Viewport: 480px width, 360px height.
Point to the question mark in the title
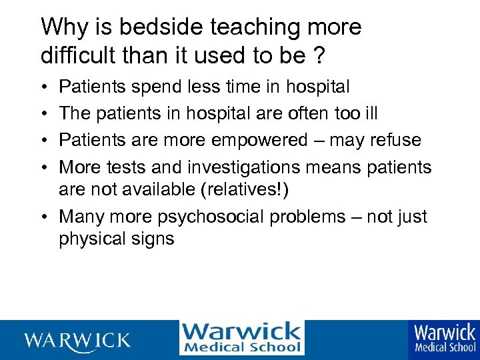[x=319, y=55]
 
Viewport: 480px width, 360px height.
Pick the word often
[x=312, y=113]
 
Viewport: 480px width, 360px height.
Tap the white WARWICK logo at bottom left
[x=78, y=340]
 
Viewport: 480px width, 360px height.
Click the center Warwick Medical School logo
[x=241, y=338]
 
